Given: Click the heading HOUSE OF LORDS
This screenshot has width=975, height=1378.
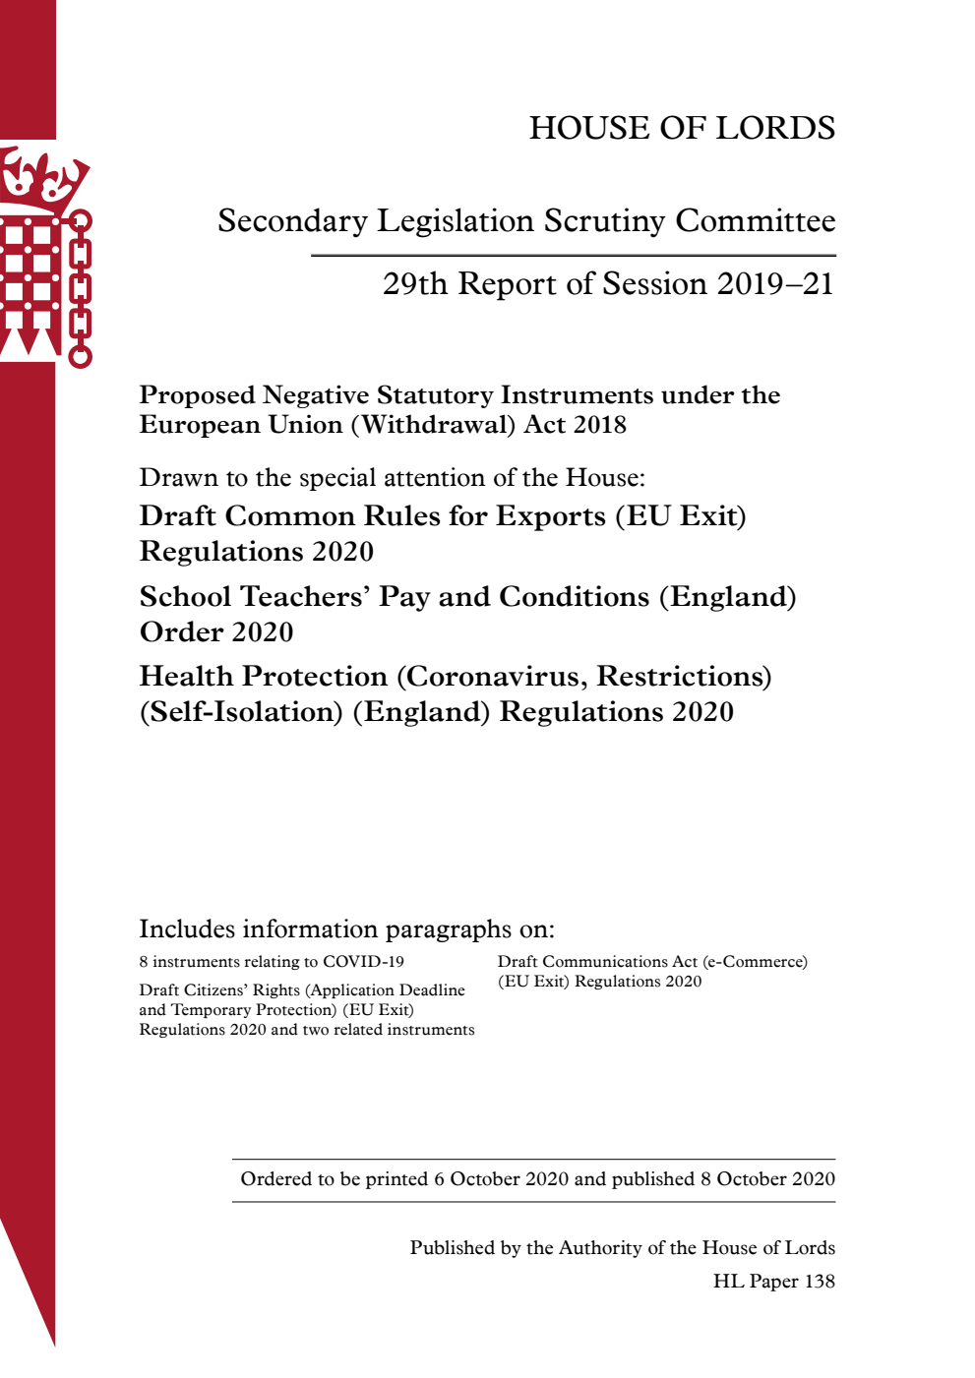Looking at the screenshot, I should tap(682, 128).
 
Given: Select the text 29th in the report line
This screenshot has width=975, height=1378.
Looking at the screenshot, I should tap(415, 284).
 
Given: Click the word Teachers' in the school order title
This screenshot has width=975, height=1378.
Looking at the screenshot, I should tap(304, 597).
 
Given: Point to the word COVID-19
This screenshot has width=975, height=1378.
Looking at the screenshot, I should tap(363, 962).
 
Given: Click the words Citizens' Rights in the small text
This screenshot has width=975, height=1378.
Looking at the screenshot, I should tap(240, 990).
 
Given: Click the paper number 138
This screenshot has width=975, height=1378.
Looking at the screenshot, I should tap(819, 1282).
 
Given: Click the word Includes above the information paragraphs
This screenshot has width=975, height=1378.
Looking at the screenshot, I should tap(187, 929).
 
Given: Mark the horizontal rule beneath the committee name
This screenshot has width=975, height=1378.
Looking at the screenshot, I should tap(573, 256).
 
